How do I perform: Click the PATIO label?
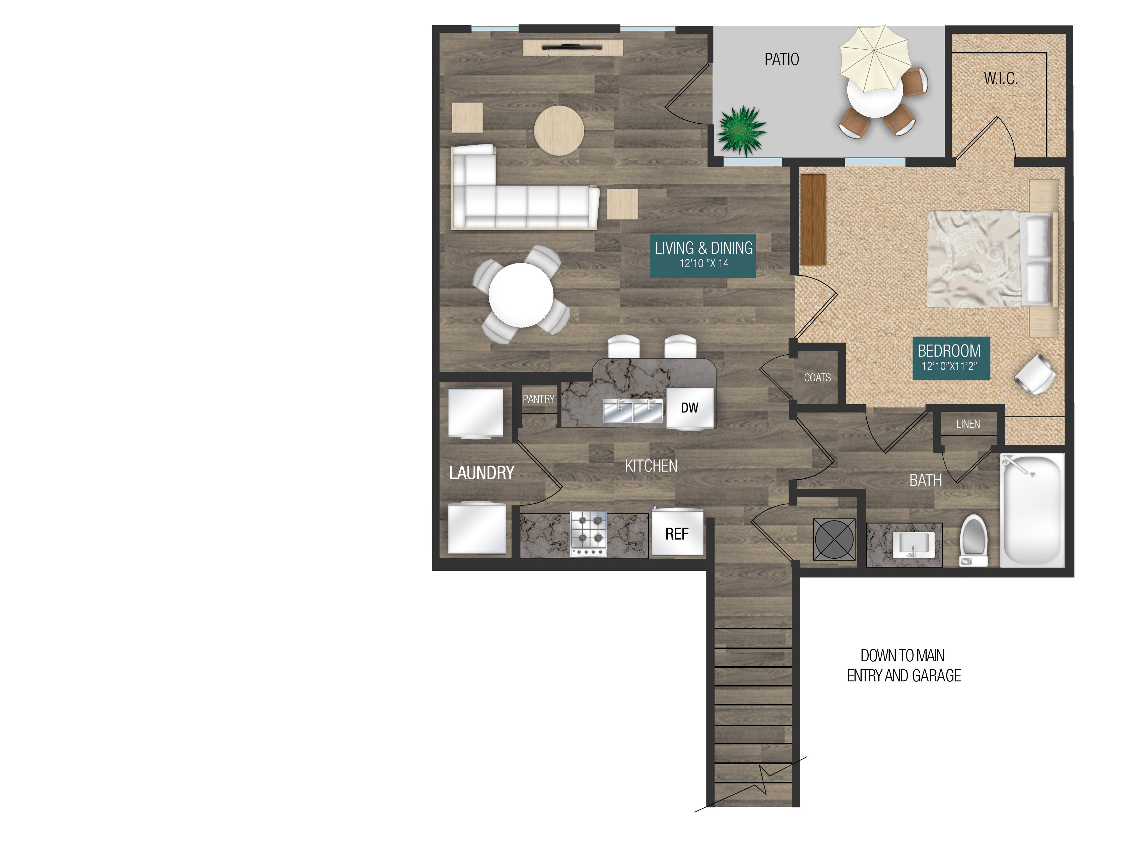[781, 60]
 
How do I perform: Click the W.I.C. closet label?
[1001, 79]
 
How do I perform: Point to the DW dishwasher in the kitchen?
[689, 408]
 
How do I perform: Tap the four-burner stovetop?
[589, 534]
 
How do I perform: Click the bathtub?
[1031, 510]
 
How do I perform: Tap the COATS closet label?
[817, 377]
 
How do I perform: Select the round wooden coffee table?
[559, 130]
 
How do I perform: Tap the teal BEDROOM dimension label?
[950, 358]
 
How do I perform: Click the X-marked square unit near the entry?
[834, 539]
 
